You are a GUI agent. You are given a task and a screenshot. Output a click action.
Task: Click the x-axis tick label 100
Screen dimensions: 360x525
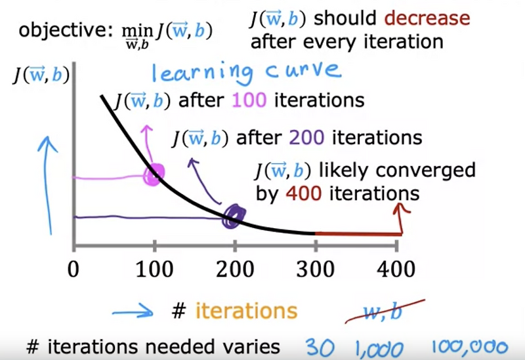point(154,270)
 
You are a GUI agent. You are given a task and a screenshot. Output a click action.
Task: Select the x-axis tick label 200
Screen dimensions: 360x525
point(235,270)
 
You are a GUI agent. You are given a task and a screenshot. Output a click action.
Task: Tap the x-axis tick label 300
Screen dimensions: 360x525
point(316,270)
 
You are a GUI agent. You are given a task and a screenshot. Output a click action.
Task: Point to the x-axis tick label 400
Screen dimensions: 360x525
point(396,270)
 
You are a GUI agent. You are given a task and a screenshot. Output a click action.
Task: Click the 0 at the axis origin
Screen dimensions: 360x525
point(74,270)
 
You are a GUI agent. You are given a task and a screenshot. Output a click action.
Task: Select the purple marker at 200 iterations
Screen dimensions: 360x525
point(234,215)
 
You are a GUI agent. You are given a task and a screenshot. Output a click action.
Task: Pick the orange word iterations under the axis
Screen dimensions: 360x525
point(245,311)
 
